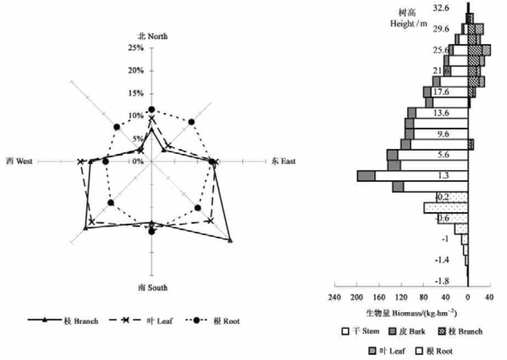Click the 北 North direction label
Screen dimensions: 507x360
152,36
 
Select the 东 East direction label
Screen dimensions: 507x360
283,162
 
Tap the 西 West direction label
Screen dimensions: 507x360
19,162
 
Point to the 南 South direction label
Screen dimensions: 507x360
152,287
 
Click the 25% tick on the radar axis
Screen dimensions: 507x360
135,48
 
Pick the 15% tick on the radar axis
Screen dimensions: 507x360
135,93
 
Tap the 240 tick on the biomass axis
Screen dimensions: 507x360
335,298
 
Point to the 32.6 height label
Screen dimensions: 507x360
441,8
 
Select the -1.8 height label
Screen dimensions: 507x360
441,281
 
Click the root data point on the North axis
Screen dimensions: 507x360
152,110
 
